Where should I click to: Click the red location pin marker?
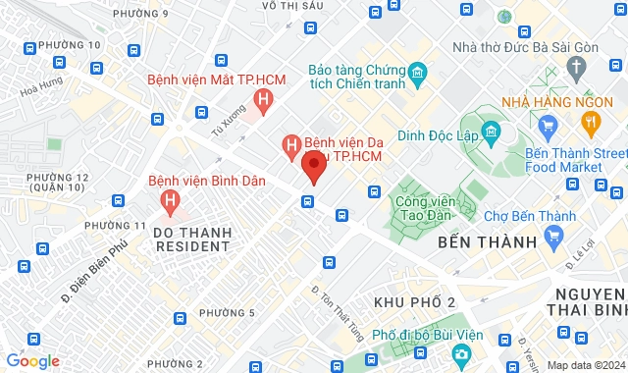(x=313, y=166)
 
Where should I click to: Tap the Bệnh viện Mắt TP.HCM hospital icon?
(x=262, y=99)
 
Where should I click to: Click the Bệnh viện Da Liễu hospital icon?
(x=290, y=146)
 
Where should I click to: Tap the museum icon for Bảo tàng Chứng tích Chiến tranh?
(x=416, y=73)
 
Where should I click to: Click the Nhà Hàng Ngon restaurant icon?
(x=590, y=123)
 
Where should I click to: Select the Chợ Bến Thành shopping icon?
(x=555, y=236)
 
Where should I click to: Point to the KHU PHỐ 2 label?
(x=415, y=299)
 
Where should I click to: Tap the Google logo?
(x=32, y=360)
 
